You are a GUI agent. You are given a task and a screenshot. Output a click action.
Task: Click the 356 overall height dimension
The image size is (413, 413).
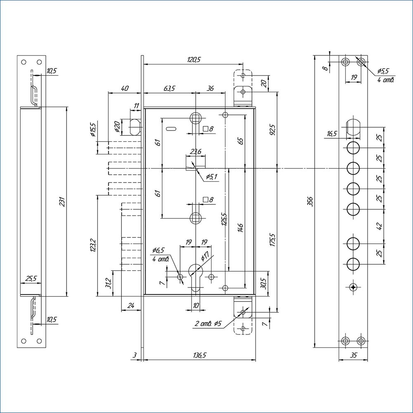coord(310,201)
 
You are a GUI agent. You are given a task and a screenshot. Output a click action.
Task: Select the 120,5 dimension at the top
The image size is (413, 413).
coord(193,59)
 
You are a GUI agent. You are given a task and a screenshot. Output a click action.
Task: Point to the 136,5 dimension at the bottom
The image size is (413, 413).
coord(199,355)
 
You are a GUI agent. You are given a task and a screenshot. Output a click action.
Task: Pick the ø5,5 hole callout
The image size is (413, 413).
coord(383,71)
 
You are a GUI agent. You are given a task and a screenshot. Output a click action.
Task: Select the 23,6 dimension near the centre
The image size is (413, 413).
coord(195,152)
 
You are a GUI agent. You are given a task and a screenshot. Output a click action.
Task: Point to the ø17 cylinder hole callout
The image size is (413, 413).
coord(205,256)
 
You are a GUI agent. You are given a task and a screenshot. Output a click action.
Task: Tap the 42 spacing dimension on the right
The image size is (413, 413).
coord(380,226)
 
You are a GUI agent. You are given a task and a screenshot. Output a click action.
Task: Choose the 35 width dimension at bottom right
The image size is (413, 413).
coord(353,355)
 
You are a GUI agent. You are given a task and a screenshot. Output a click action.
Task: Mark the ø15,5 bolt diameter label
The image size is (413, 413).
coord(93,130)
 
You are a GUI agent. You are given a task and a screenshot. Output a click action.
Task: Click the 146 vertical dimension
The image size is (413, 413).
coord(240,228)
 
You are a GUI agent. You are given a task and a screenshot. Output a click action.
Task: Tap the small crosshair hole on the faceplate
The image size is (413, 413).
coord(352,287)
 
